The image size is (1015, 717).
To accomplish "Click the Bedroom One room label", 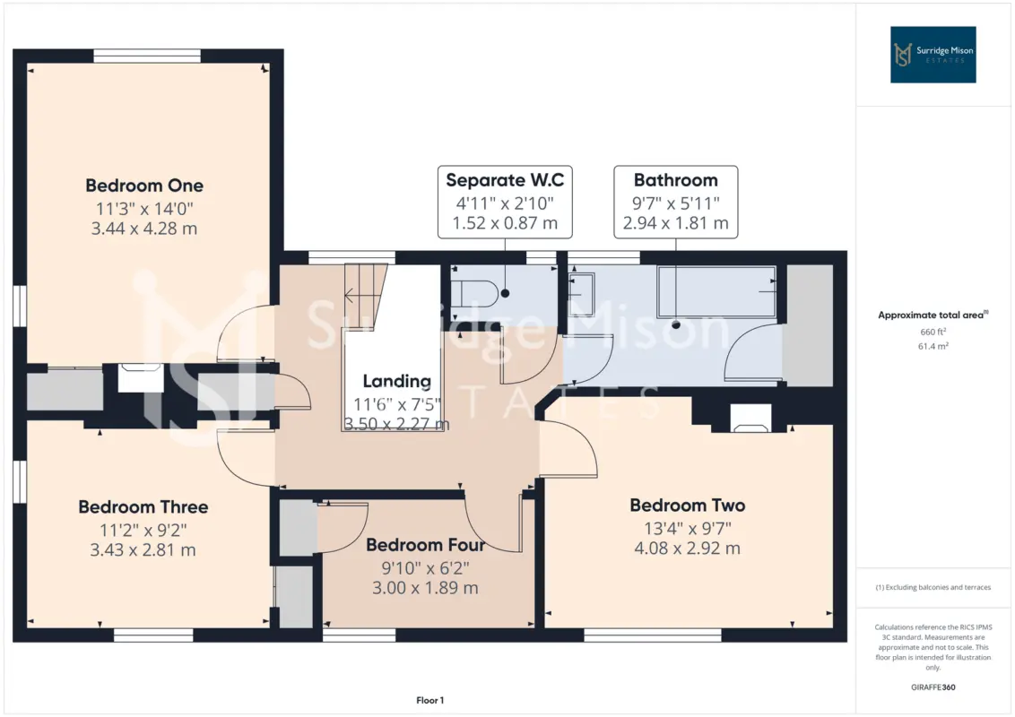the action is pyautogui.click(x=144, y=186).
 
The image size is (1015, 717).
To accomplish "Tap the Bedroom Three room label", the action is pyautogui.click(x=143, y=506).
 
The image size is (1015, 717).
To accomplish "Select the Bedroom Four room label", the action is pyautogui.click(x=425, y=545).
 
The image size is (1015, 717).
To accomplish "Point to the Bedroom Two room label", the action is pyautogui.click(x=688, y=505).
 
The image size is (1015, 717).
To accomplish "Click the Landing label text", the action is pyautogui.click(x=397, y=381).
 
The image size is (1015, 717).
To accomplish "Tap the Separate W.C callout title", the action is pyautogui.click(x=505, y=180).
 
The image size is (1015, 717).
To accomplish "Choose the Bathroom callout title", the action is pyautogui.click(x=676, y=180).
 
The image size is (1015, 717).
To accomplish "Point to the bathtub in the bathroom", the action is pyautogui.click(x=716, y=291).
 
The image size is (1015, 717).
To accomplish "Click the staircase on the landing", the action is pyautogui.click(x=365, y=297).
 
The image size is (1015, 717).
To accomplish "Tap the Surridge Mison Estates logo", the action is pyautogui.click(x=933, y=55).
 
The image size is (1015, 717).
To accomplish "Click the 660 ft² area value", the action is pyautogui.click(x=933, y=332).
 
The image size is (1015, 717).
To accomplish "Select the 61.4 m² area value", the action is pyautogui.click(x=933, y=346).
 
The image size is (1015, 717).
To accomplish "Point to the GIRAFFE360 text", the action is pyautogui.click(x=933, y=687).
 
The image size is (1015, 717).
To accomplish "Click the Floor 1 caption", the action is pyautogui.click(x=429, y=700).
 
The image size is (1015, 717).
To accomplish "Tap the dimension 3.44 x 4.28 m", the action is pyautogui.click(x=144, y=229).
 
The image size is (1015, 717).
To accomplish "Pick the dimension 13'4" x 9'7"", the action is pyautogui.click(x=688, y=529).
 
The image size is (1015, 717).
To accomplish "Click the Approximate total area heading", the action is pyautogui.click(x=933, y=315).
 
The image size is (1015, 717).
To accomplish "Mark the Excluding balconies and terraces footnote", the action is pyautogui.click(x=933, y=588).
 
